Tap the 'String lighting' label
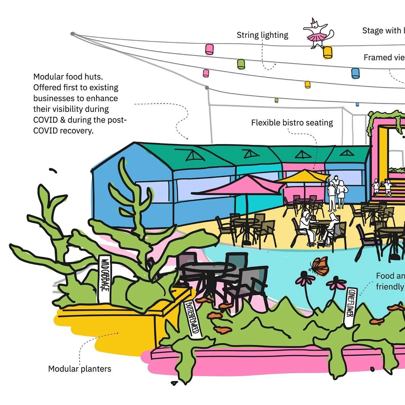click(x=262, y=35)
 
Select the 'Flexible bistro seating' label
click(x=292, y=123)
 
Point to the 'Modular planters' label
click(x=80, y=369)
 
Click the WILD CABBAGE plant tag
click(x=105, y=279)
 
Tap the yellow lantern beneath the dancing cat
click(x=327, y=52)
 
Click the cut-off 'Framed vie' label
click(x=384, y=58)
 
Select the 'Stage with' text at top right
click(x=383, y=30)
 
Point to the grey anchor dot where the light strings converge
click(x=73, y=34)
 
